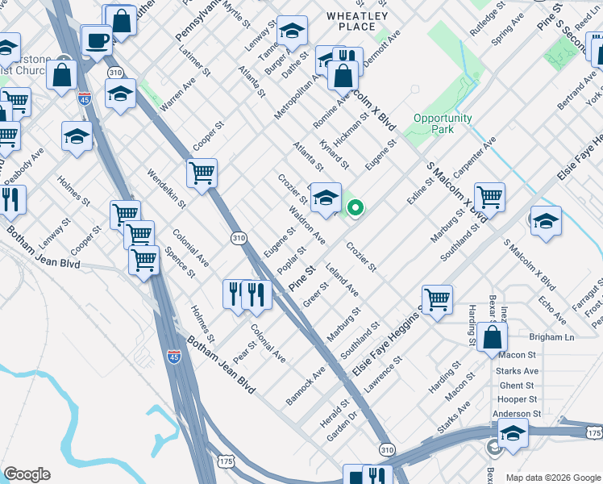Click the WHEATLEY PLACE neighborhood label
pyautogui.click(x=357, y=21)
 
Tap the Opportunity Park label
pyautogui.click(x=443, y=123)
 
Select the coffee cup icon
pyautogui.click(x=98, y=40)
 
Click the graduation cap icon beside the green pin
pyautogui.click(x=325, y=198)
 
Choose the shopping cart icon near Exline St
pyautogui.click(x=489, y=196)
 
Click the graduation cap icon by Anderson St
pyautogui.click(x=513, y=434)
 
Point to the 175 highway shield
pyautogui.click(x=227, y=460)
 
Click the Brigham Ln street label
pyautogui.click(x=551, y=337)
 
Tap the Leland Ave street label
pyautogui.click(x=343, y=277)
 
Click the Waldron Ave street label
pyautogui.click(x=307, y=227)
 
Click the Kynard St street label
pyautogui.click(x=334, y=153)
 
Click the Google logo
pyautogui.click(x=27, y=474)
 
